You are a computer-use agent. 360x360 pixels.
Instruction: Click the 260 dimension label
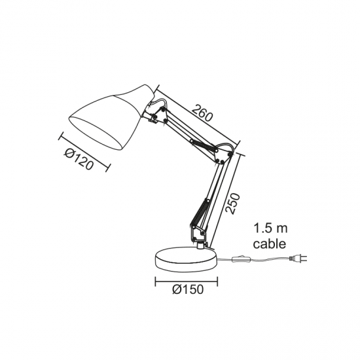click(202, 113)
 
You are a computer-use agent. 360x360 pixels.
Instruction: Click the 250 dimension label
click(232, 204)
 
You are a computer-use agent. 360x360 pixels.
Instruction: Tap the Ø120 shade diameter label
click(79, 159)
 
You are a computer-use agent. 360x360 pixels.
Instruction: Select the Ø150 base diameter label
click(188, 289)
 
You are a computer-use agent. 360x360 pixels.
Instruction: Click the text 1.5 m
click(270, 228)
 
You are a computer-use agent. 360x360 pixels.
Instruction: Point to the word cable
click(270, 243)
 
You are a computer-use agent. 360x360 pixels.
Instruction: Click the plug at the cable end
click(298, 259)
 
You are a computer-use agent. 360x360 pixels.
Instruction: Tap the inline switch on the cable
click(242, 259)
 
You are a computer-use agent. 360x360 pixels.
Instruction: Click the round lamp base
click(186, 259)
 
